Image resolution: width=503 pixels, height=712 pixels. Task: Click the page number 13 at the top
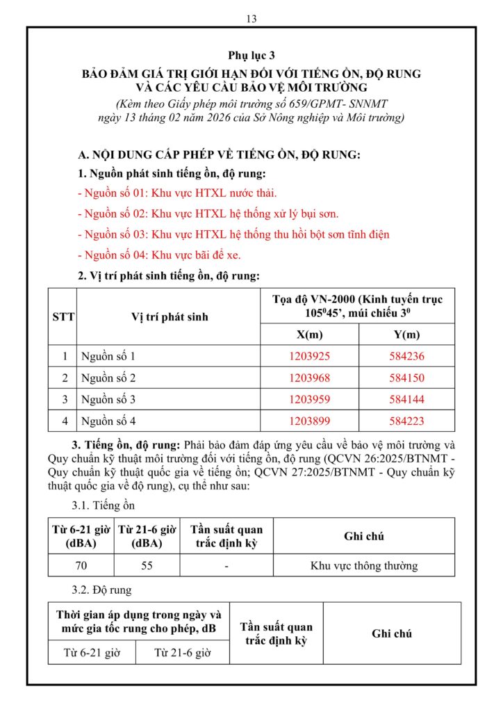pos(251,19)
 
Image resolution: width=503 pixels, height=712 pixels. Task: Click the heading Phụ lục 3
pos(251,55)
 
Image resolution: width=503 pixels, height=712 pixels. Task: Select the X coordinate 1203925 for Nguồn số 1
pos(310,357)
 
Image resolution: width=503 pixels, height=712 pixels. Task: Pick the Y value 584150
pos(407,378)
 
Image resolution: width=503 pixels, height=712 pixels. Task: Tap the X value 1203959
pos(310,399)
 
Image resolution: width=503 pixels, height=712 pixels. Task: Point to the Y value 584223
pos(407,421)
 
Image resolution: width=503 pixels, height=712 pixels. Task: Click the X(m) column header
pos(310,334)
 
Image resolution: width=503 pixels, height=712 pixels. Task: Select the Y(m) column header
pos(407,334)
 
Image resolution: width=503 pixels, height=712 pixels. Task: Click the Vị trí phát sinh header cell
pos(170,317)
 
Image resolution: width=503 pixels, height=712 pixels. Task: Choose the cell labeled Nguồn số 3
pos(108,399)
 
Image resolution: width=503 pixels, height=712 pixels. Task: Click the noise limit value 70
pos(81,565)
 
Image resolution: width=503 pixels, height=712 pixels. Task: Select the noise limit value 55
pos(147,565)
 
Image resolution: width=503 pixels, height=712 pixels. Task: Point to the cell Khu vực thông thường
pos(364,565)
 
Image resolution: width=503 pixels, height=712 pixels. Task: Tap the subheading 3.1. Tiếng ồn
pos(104,505)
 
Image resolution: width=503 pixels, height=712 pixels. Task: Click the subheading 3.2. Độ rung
pos(102,590)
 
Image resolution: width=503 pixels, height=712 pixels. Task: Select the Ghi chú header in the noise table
pos(364,536)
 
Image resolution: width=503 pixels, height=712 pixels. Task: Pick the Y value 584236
pos(407,357)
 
